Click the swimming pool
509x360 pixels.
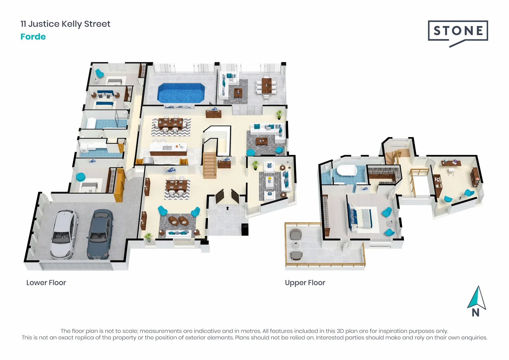[x=181, y=93]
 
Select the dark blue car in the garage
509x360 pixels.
[x=99, y=233]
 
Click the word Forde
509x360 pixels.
[x=33, y=37]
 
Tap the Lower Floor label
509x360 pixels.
[x=46, y=283]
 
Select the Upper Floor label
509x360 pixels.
[x=305, y=283]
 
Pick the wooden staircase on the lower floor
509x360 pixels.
[x=210, y=165]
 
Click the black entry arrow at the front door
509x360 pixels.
[x=228, y=208]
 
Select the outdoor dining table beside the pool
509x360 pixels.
[x=266, y=86]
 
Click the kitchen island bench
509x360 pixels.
[x=168, y=149]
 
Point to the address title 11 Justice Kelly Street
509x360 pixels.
[x=65, y=24]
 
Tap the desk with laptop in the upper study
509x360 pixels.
[x=451, y=163]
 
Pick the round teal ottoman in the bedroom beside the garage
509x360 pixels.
[x=80, y=177]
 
